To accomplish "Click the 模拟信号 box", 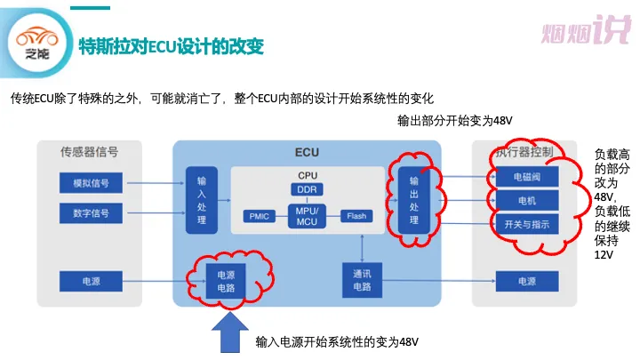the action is point(91,183).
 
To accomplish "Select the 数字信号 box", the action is point(91,213).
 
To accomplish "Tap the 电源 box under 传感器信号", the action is point(91,281).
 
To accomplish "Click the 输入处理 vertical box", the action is point(202,200).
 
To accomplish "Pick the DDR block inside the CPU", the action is point(307,189).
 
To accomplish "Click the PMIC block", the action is point(260,216).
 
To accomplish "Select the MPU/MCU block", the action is point(307,216).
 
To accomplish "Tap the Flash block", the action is point(356,216).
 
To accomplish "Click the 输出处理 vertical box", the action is point(414,200).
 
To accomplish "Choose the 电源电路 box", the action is point(226,281).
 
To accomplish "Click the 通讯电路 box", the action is point(362,280).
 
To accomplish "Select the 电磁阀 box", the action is point(527,177).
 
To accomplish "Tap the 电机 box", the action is point(527,200).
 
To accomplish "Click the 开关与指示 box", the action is point(527,224).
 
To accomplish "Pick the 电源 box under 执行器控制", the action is point(527,281).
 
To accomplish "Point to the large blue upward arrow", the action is point(230,332).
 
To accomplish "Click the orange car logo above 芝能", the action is point(37,36).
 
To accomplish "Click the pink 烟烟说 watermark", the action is point(586,29).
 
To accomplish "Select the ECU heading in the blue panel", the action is point(307,152).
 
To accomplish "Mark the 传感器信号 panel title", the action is point(90,152).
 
